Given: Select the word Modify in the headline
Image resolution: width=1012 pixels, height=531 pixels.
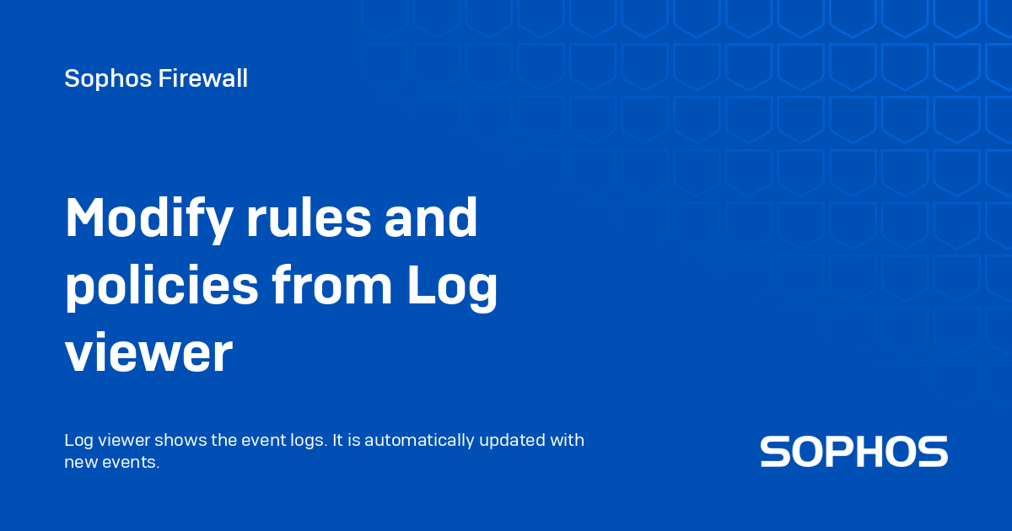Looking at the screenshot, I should [x=148, y=222].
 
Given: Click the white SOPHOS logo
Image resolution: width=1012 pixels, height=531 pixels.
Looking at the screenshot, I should [x=853, y=452].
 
